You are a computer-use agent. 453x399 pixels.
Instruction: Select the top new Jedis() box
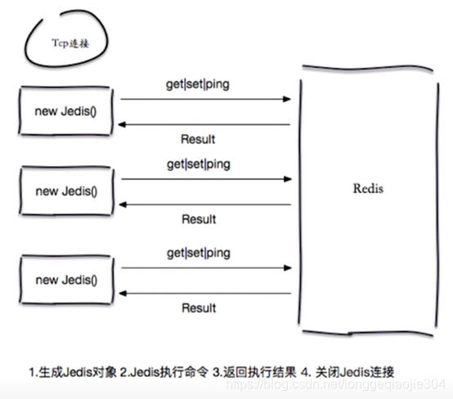[66, 110]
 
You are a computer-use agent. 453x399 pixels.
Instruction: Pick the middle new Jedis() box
[66, 191]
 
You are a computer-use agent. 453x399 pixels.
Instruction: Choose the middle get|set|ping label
[199, 164]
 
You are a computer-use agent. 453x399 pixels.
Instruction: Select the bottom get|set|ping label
[199, 252]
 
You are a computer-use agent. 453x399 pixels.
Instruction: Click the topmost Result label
[199, 138]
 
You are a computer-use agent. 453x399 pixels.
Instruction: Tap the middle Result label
[199, 219]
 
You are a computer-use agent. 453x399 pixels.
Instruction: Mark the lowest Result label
[199, 308]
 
